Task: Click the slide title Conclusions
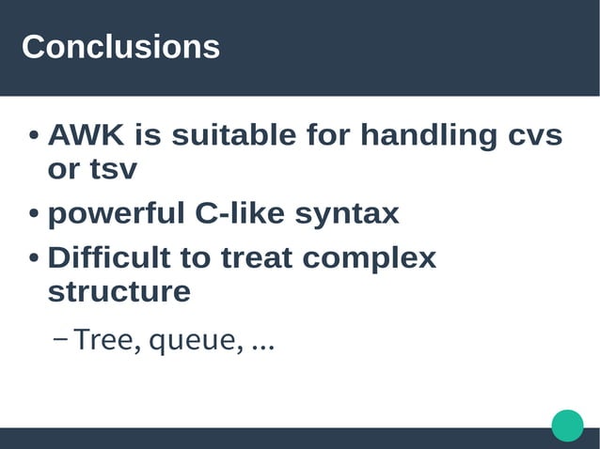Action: [x=120, y=47]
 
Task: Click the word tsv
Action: [x=113, y=171]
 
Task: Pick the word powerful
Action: [x=117, y=214]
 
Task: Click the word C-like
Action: [x=241, y=213]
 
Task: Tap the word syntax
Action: [x=347, y=215]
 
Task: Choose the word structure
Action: [x=118, y=291]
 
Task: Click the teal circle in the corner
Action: [x=567, y=425]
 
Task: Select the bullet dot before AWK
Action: [x=34, y=138]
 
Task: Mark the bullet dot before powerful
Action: [x=34, y=215]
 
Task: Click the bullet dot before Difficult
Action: [x=34, y=258]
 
